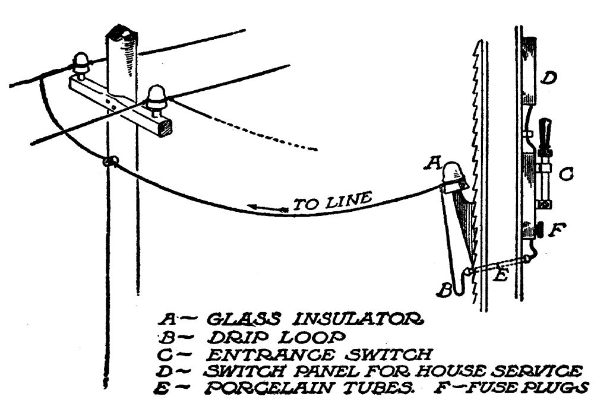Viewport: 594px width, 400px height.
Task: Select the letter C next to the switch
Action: click(x=566, y=174)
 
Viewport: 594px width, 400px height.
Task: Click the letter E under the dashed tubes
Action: click(x=500, y=277)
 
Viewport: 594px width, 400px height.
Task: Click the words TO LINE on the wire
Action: click(x=333, y=202)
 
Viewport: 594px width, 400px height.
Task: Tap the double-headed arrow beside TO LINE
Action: click(x=266, y=208)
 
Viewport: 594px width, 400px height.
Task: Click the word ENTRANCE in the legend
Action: click(x=261, y=355)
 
